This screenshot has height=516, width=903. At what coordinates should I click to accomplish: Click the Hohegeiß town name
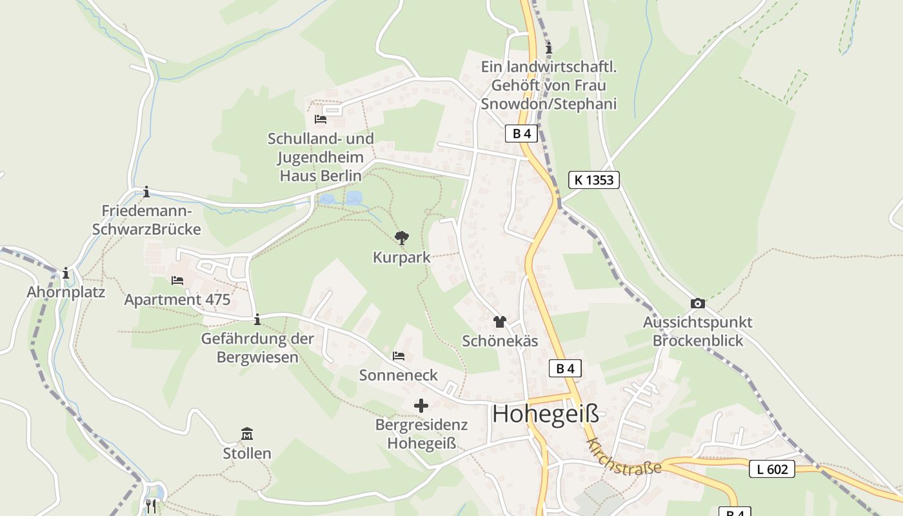[545, 414]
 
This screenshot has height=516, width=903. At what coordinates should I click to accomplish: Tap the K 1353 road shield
[593, 180]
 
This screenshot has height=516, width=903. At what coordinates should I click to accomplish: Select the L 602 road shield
[771, 469]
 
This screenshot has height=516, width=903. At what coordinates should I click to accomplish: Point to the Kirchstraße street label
[624, 457]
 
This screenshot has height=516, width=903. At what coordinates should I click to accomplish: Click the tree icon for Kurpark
[402, 238]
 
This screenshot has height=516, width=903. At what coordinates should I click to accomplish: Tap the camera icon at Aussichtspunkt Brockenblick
[697, 303]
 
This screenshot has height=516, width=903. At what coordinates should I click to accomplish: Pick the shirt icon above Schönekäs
[500, 321]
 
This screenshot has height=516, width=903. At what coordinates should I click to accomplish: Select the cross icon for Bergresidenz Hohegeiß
[421, 406]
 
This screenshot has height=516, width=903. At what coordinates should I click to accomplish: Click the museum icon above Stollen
[247, 433]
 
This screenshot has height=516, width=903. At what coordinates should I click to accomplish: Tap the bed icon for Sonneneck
[399, 355]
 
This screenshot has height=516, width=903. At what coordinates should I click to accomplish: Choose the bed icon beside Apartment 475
[177, 280]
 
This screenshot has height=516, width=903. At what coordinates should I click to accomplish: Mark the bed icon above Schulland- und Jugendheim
[321, 119]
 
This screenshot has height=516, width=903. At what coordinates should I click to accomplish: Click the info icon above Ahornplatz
[66, 273]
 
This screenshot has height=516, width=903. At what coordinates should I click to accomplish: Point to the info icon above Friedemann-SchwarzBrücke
[146, 192]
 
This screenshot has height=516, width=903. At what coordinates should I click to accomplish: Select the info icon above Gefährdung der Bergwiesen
[257, 319]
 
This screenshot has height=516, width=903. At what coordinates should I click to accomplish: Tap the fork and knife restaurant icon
[151, 506]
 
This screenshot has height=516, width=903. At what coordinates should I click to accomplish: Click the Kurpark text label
[401, 257]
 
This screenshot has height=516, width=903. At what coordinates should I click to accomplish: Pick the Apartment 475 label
[177, 299]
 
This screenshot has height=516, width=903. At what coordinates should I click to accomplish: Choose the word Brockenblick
[698, 341]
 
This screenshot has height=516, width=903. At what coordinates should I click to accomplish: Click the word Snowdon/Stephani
[549, 104]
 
